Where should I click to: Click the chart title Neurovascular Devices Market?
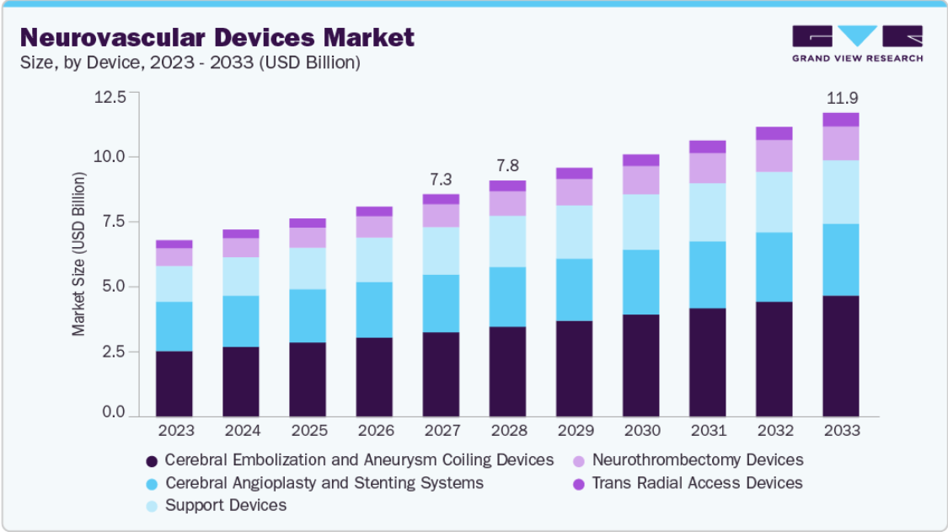pos(217,38)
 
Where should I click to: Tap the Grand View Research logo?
pos(857,44)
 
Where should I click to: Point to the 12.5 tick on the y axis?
pos(110,97)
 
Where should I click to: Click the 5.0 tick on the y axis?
pos(114,287)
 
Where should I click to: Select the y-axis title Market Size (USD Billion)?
pos(78,255)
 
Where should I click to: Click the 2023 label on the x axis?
pos(176,430)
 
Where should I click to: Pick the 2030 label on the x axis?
pos(642,430)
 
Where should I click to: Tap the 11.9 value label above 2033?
pos(842,98)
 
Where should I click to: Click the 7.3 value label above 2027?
pos(441,180)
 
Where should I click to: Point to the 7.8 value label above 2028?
pos(508,166)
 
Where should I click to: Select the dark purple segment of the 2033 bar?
pos(840,356)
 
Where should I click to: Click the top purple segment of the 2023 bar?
pos(174,244)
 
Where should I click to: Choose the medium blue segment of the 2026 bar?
pos(374,310)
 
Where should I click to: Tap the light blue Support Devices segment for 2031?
pos(707,212)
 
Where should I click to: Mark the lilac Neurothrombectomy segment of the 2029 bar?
pos(575,192)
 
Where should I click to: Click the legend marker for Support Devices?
pos(152,506)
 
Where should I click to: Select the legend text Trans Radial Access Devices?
pos(697,483)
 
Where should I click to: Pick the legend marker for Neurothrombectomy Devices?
pos(579,461)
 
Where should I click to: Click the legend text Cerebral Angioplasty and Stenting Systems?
pos(324,483)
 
